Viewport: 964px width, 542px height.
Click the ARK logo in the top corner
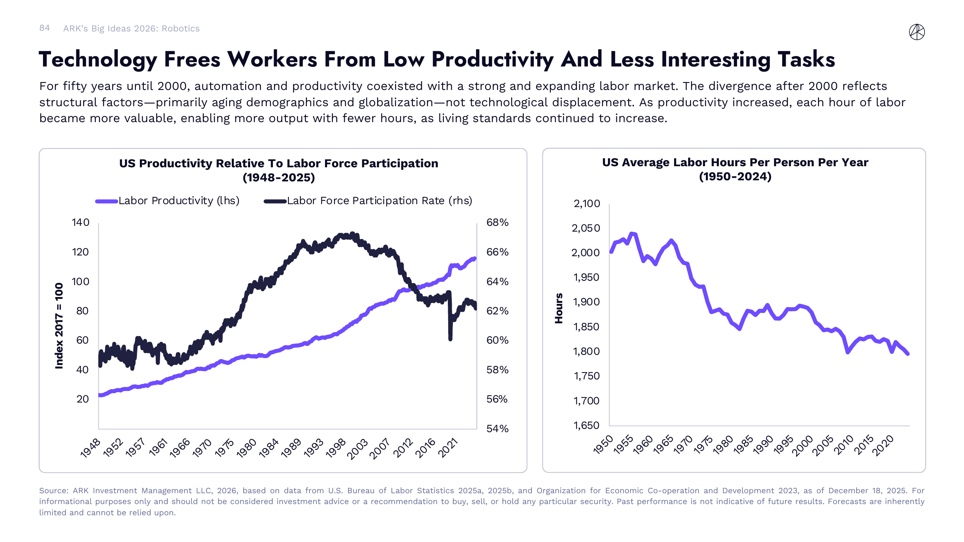click(917, 32)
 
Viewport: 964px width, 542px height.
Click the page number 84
click(44, 28)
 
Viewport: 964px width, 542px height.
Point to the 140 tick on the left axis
click(81, 223)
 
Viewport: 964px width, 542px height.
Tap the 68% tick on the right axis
click(497, 223)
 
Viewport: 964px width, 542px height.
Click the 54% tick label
click(497, 429)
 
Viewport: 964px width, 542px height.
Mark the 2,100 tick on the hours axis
click(586, 204)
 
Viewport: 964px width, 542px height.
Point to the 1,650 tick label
click(586, 426)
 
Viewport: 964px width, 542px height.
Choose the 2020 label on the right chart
click(883, 446)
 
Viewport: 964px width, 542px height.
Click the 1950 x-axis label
click(603, 445)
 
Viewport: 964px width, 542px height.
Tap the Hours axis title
click(559, 308)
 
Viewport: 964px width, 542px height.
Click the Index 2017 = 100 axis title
click(59, 326)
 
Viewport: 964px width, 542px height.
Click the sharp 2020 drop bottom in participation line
click(450, 339)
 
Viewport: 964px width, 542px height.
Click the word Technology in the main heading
click(98, 60)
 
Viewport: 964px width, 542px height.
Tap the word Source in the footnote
click(53, 491)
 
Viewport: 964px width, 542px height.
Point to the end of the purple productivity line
click(475, 258)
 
